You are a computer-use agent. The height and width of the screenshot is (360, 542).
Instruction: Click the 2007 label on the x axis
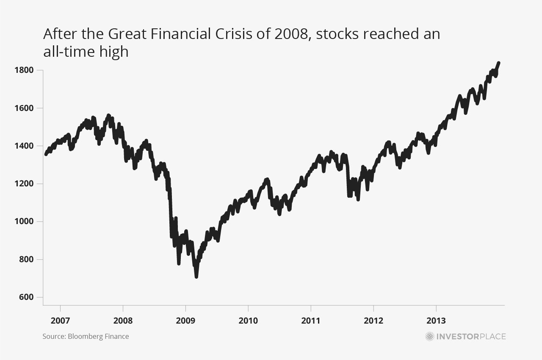click(60, 321)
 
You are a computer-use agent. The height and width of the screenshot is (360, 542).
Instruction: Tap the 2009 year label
click(185, 321)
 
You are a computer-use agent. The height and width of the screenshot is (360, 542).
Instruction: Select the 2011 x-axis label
click(311, 321)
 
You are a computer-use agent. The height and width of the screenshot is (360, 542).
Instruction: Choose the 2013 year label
click(436, 321)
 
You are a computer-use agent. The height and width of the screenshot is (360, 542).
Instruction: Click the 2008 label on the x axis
click(123, 321)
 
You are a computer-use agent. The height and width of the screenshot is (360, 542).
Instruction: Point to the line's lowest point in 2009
click(196, 277)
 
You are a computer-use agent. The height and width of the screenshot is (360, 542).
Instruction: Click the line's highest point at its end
click(499, 63)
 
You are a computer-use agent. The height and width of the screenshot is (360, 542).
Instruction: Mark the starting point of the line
click(46, 154)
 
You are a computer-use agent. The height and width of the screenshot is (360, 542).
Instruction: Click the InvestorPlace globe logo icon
click(430, 337)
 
